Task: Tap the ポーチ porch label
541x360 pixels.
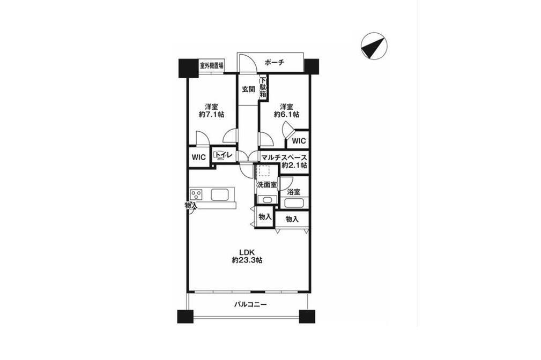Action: [275, 63]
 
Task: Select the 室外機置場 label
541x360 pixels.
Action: [211, 65]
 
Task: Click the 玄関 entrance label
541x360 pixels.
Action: [248, 89]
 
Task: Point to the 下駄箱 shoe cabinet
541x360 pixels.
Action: [263, 87]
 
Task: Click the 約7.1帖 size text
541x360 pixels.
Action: [211, 115]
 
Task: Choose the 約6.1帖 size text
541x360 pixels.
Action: [286, 115]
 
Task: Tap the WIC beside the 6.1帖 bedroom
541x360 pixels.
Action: [299, 141]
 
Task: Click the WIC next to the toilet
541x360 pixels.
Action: [199, 157]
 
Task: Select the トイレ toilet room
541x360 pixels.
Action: [224, 156]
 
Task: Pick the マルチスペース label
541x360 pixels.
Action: [284, 157]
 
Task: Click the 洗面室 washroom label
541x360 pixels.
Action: [266, 185]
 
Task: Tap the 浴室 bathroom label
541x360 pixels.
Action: [294, 192]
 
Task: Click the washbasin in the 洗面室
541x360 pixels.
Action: [268, 200]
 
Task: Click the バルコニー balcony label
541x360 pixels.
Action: [250, 304]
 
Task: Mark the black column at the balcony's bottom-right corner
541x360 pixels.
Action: [307, 317]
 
